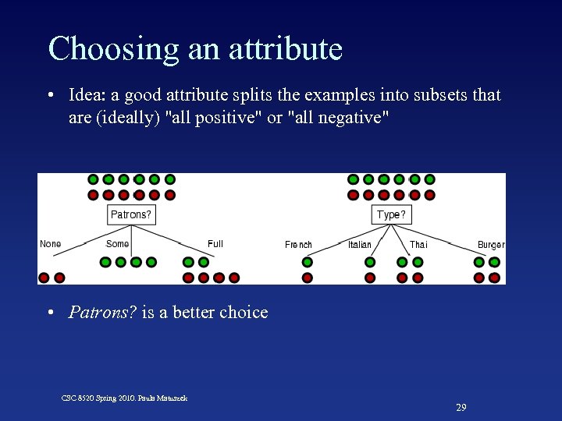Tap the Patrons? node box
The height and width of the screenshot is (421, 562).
(130, 214)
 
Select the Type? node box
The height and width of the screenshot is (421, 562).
(391, 214)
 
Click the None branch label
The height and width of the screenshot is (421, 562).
(50, 244)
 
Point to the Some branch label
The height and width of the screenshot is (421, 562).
(117, 244)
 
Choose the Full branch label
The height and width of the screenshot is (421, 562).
(215, 244)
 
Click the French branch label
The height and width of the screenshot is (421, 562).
(298, 245)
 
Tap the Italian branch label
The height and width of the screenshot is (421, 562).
(360, 245)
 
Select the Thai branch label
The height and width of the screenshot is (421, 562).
(418, 245)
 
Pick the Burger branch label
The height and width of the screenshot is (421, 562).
(491, 245)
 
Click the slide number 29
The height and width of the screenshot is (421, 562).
(461, 408)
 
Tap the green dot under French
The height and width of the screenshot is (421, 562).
(308, 262)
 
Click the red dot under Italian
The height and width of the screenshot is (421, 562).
(370, 278)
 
